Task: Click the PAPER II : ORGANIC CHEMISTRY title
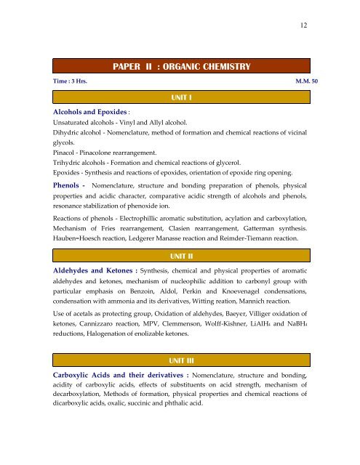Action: coord(182,68)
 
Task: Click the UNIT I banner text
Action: coord(180,97)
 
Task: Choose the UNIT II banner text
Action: coord(180,256)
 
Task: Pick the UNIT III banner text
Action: coord(180,361)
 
